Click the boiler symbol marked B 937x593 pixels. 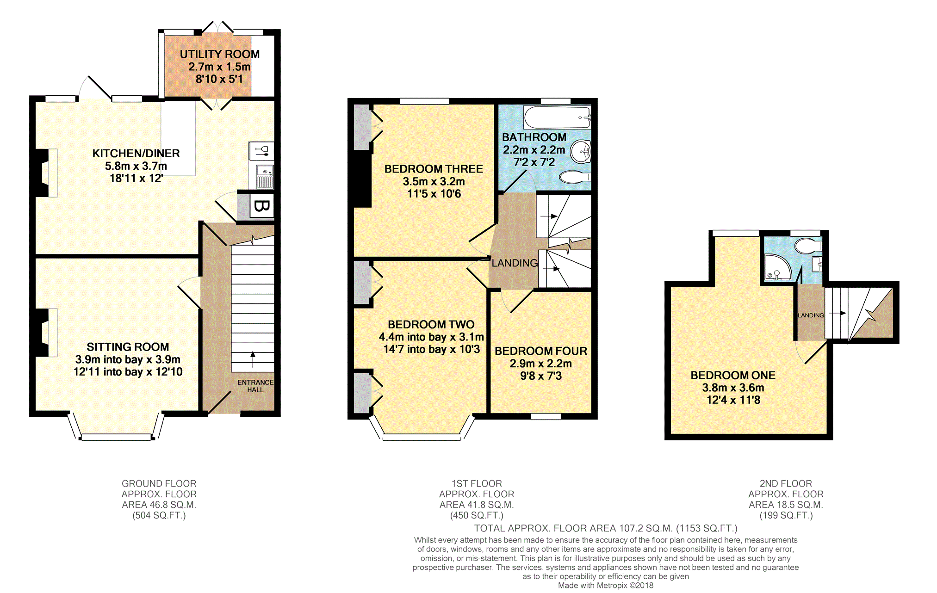tap(261, 206)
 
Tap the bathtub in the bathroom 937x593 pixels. tap(557, 117)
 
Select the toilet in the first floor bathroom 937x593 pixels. tap(575, 177)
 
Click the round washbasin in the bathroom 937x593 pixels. tap(581, 151)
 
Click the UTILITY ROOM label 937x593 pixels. tap(220, 54)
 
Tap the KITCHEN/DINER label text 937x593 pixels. tap(136, 153)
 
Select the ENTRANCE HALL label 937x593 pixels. tap(255, 386)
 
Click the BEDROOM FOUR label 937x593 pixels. tap(541, 351)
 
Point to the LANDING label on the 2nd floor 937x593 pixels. tap(811, 315)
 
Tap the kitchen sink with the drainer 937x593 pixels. tap(265, 176)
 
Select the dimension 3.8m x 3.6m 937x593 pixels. tap(733, 388)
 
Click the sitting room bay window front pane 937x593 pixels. tap(116, 437)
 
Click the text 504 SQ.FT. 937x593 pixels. tap(159, 515)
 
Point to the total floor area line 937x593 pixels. tap(606, 528)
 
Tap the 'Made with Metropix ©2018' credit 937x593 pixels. tap(606, 585)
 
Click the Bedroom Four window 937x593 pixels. tap(546, 416)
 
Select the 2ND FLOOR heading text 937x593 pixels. tap(786, 483)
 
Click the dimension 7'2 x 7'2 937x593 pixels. tap(534, 162)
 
